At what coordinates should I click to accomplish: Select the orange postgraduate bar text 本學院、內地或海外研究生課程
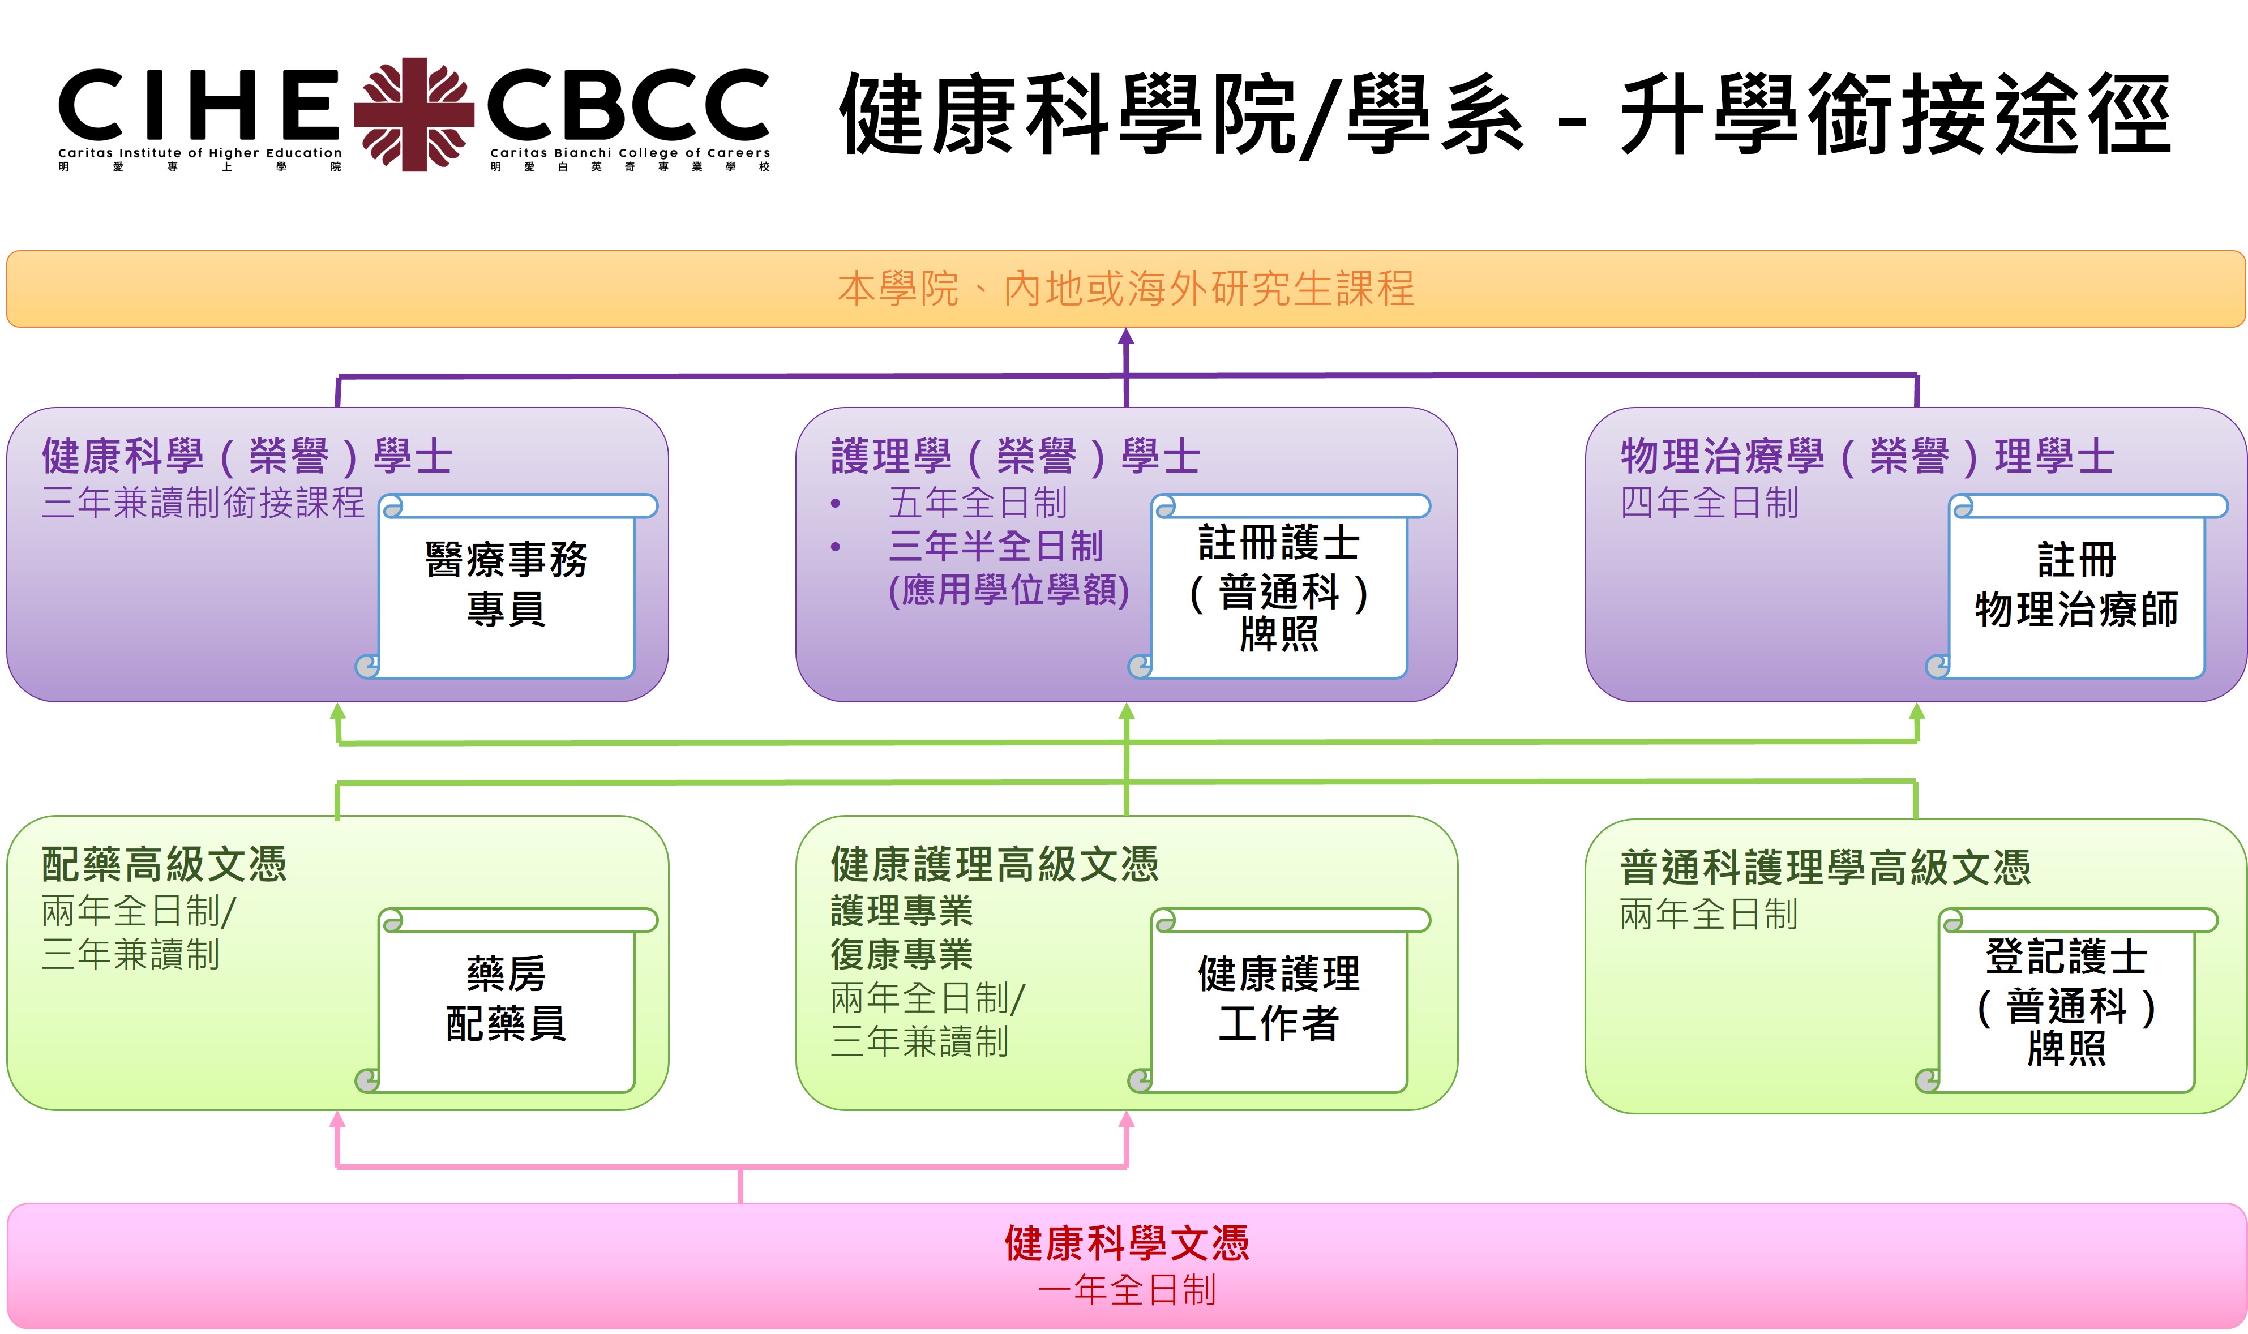click(1125, 289)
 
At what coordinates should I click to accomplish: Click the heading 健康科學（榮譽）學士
click(247, 457)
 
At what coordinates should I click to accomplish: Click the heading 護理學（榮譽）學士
click(1015, 457)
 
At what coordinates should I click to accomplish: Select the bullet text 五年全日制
click(977, 503)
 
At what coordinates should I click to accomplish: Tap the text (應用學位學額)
click(1008, 590)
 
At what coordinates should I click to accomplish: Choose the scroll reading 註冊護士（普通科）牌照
click(1278, 588)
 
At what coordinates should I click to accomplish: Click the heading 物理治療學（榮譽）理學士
click(1867, 457)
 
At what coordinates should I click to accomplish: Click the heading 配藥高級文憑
click(165, 865)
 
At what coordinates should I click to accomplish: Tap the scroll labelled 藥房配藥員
click(506, 999)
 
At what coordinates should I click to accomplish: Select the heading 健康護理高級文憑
click(994, 865)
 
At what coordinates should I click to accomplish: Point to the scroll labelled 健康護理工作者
click(1278, 999)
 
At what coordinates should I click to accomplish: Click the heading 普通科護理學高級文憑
click(1825, 868)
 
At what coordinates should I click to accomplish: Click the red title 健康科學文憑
click(1126, 1244)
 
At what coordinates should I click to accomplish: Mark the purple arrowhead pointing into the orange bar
click(1125, 337)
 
